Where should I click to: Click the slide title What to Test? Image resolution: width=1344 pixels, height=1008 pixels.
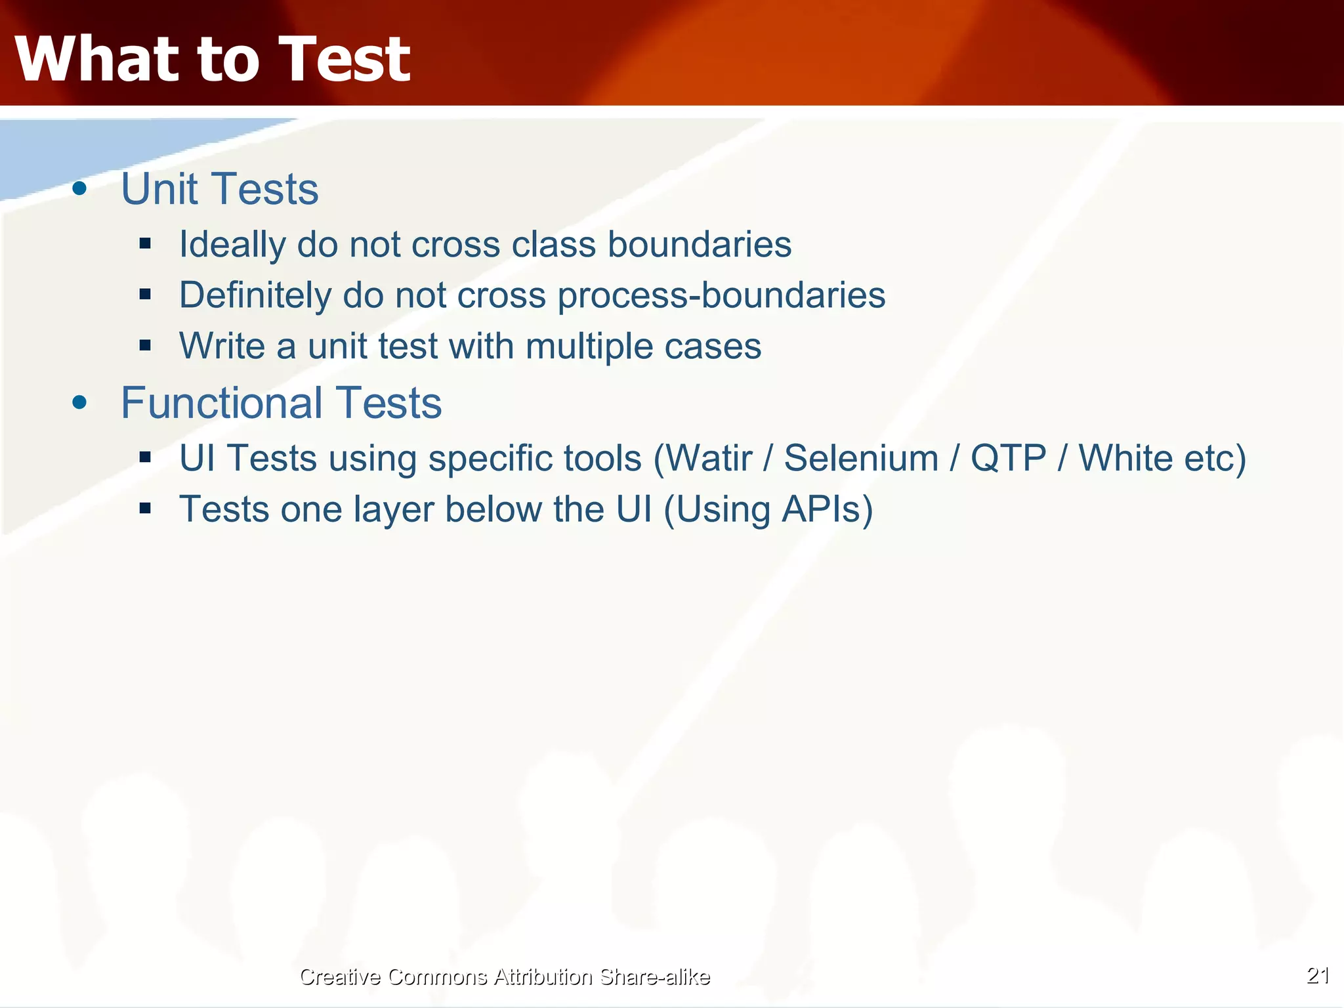pyautogui.click(x=212, y=59)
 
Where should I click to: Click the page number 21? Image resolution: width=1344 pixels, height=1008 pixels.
pyautogui.click(x=1318, y=975)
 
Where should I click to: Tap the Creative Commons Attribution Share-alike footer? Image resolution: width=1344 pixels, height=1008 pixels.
pyautogui.click(x=504, y=976)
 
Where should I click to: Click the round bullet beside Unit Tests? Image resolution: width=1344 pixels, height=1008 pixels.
pyautogui.click(x=79, y=189)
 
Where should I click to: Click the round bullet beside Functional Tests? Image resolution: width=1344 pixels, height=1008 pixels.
pyautogui.click(x=79, y=402)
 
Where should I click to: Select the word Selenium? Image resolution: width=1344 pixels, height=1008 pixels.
pyautogui.click(x=861, y=458)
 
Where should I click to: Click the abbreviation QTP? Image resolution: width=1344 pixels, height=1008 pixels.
pyautogui.click(x=1008, y=458)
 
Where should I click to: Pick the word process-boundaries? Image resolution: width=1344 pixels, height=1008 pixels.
pyautogui.click(x=721, y=295)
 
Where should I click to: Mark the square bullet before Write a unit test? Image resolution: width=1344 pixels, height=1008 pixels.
pyautogui.click(x=145, y=345)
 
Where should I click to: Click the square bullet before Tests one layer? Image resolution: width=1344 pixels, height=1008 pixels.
pyautogui.click(x=145, y=508)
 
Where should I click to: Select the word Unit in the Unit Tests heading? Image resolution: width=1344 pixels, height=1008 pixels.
pyautogui.click(x=159, y=189)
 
